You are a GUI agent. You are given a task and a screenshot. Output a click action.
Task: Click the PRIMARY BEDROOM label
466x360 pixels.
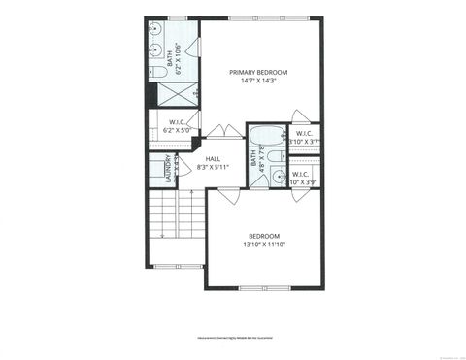coord(259,71)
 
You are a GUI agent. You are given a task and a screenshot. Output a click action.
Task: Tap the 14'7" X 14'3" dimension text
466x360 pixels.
coord(259,81)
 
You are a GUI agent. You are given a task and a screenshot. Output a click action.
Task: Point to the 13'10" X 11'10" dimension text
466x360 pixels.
coord(264,245)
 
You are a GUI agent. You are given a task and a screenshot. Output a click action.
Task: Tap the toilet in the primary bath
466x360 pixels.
coord(159,72)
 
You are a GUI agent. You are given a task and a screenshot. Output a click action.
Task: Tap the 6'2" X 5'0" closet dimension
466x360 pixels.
coord(174,130)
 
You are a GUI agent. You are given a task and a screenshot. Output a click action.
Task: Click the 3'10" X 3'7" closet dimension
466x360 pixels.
coord(304,142)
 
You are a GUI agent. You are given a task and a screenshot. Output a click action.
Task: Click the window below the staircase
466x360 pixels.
coord(177,266)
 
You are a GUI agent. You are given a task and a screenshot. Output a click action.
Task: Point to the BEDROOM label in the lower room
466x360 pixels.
coord(264,236)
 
